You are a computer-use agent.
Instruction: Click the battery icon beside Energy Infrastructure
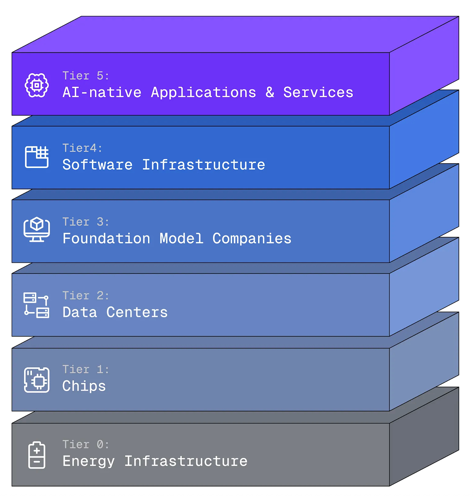(37, 455)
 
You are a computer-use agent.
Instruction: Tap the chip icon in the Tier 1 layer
(37, 380)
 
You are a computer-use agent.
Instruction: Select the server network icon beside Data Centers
(36, 305)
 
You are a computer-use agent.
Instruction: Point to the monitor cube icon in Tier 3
(37, 229)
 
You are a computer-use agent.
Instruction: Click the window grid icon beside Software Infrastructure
(37, 157)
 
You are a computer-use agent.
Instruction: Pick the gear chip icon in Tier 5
(37, 85)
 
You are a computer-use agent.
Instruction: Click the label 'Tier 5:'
(86, 76)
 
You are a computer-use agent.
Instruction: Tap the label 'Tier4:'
(82, 148)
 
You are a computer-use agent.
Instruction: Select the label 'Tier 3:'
(86, 222)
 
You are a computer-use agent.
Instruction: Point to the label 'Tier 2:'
(86, 296)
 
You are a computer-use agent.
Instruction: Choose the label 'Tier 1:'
(86, 369)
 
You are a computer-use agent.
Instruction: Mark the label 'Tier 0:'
(86, 444)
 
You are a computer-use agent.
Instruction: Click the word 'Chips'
(84, 386)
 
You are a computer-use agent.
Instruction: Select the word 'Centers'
(137, 313)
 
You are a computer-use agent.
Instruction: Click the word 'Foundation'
(106, 239)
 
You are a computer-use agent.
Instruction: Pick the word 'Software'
(97, 165)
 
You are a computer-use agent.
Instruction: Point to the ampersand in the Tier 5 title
(270, 93)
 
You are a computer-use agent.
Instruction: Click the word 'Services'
(318, 93)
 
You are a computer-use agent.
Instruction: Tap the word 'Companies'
(252, 239)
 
